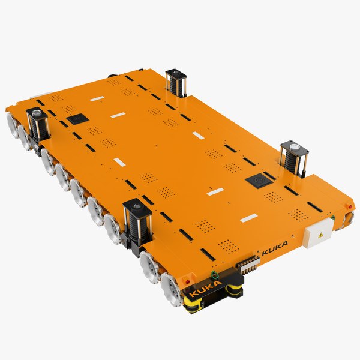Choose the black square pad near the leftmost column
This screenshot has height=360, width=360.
[77, 119]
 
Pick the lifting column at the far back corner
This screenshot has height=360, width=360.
[177, 83]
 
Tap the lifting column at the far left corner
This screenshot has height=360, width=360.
[37, 124]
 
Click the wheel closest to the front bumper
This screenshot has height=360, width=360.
[170, 289]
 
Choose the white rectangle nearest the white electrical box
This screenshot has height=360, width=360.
[249, 218]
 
